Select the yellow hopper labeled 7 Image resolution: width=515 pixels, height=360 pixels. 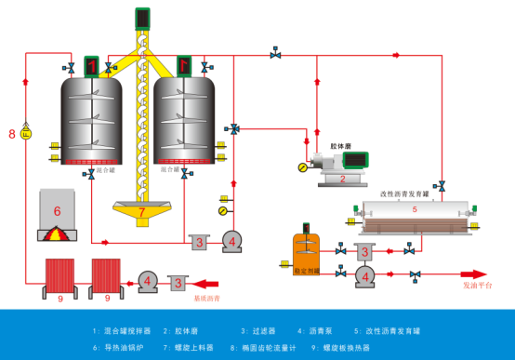coord(142,211)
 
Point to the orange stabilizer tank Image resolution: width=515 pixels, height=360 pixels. coord(306,252)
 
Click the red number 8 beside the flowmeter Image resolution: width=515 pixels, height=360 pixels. coord(12,135)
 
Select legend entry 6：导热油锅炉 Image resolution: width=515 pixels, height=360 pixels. coord(116,347)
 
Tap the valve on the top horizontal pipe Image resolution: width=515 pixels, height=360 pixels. coord(275,54)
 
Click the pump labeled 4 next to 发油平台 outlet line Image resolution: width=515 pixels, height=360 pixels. coord(365,275)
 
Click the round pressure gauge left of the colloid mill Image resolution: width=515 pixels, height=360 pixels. coord(303,167)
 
